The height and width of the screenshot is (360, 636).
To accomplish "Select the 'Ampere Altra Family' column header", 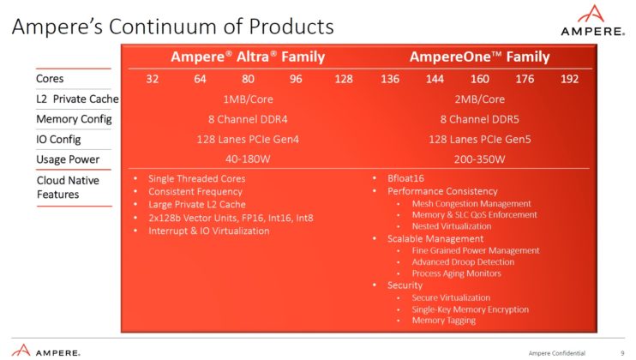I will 248,57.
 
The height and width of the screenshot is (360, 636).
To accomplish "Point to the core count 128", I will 343,80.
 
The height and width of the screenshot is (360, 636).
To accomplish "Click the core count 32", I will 153,80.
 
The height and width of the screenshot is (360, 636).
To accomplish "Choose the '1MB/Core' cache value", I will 248,99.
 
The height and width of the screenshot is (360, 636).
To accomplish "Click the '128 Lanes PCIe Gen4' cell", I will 248,139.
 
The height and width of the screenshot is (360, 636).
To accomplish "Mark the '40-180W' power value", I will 248,159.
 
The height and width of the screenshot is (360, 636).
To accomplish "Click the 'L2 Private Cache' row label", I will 77,99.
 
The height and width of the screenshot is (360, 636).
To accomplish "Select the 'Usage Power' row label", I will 69,159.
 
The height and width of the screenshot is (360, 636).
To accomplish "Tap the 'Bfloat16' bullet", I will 406,179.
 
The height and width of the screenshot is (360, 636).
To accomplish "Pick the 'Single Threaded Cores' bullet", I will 196,179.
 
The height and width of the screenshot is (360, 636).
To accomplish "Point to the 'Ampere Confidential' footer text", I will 558,352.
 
